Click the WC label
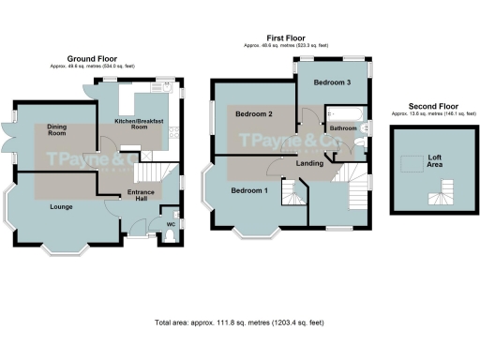[x=171, y=224]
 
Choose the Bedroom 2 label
[x=254, y=114]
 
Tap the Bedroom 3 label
[x=333, y=82]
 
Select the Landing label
[x=309, y=164]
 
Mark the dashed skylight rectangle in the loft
[x=411, y=164]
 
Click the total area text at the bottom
[x=239, y=322]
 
